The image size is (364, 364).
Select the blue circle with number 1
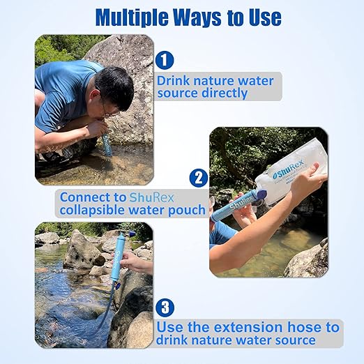[165, 61]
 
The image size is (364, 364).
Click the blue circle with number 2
[198, 178]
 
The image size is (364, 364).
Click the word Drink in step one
[176, 80]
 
